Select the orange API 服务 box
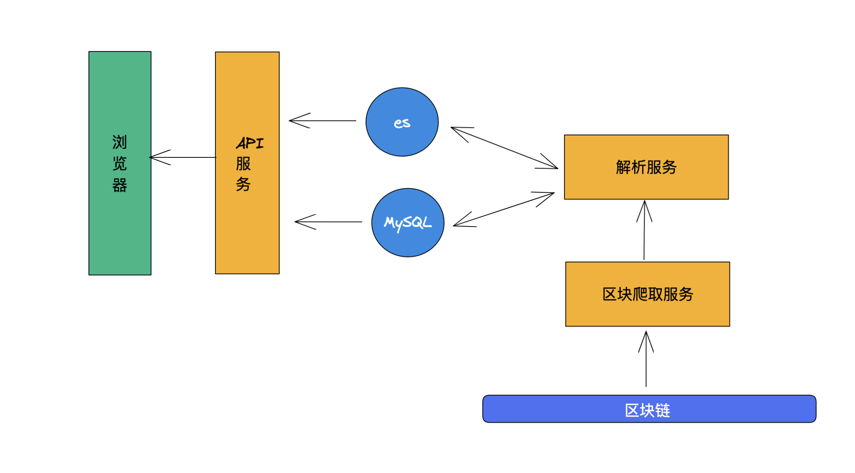tap(247, 230)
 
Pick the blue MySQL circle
tap(408, 242)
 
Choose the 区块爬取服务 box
tap(648, 311)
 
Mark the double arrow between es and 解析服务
tap(504, 148)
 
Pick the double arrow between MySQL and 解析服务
tap(504, 209)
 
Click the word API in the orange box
tap(250, 144)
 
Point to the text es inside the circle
tap(402, 123)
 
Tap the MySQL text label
tap(408, 223)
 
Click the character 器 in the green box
tap(120, 185)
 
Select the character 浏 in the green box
tap(120, 142)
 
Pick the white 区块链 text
tap(648, 410)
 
